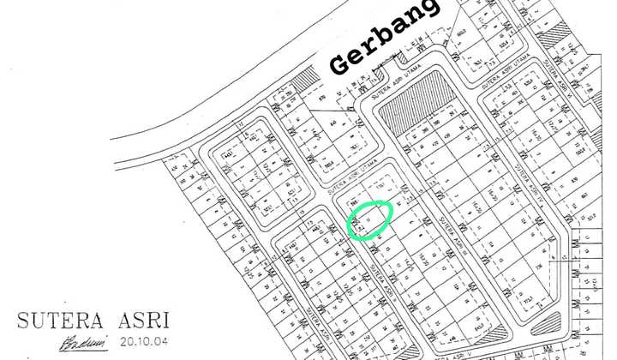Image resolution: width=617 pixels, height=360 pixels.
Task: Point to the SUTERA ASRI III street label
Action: pos(452,225)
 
